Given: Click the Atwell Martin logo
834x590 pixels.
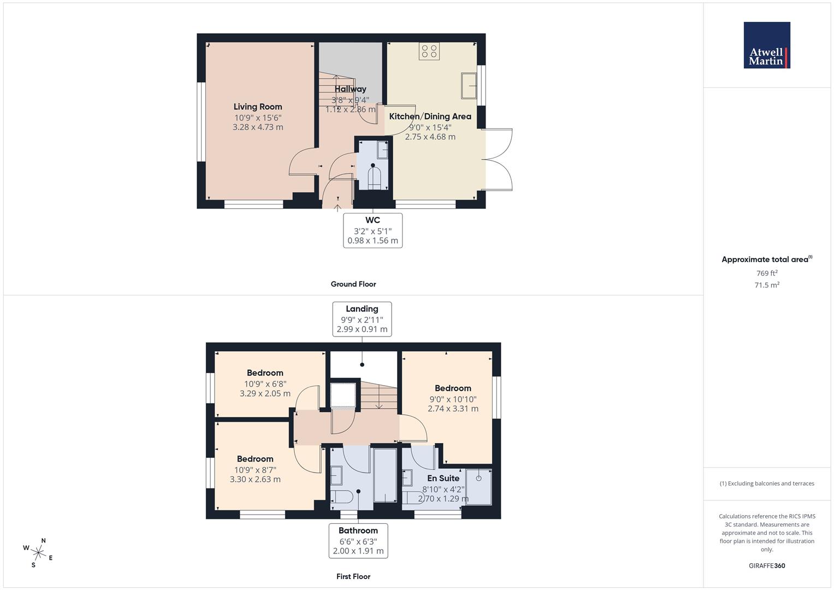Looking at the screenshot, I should (767, 45).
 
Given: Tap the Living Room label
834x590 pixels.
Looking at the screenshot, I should (258, 107).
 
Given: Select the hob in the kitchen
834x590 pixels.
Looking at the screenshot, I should (429, 51).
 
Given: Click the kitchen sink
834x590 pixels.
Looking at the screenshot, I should (469, 86).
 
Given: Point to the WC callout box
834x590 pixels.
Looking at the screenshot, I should (372, 230).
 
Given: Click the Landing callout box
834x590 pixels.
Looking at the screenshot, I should (362, 319).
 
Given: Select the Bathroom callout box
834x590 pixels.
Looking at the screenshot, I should (358, 540).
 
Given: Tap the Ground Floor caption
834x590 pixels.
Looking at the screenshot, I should (353, 284).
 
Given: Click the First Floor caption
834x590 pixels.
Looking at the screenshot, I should (353, 576).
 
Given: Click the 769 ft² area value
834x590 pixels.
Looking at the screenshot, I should (767, 273).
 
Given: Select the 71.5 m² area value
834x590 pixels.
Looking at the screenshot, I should (767, 285).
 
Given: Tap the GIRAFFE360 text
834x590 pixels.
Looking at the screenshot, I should (767, 566).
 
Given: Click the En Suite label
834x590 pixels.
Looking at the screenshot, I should (443, 479).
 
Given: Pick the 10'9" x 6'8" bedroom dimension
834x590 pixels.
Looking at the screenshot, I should (265, 383).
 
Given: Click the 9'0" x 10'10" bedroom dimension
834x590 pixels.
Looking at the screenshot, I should (453, 399).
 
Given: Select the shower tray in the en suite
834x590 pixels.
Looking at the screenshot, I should (479, 486).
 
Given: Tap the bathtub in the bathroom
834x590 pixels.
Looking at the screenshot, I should (385, 475).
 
